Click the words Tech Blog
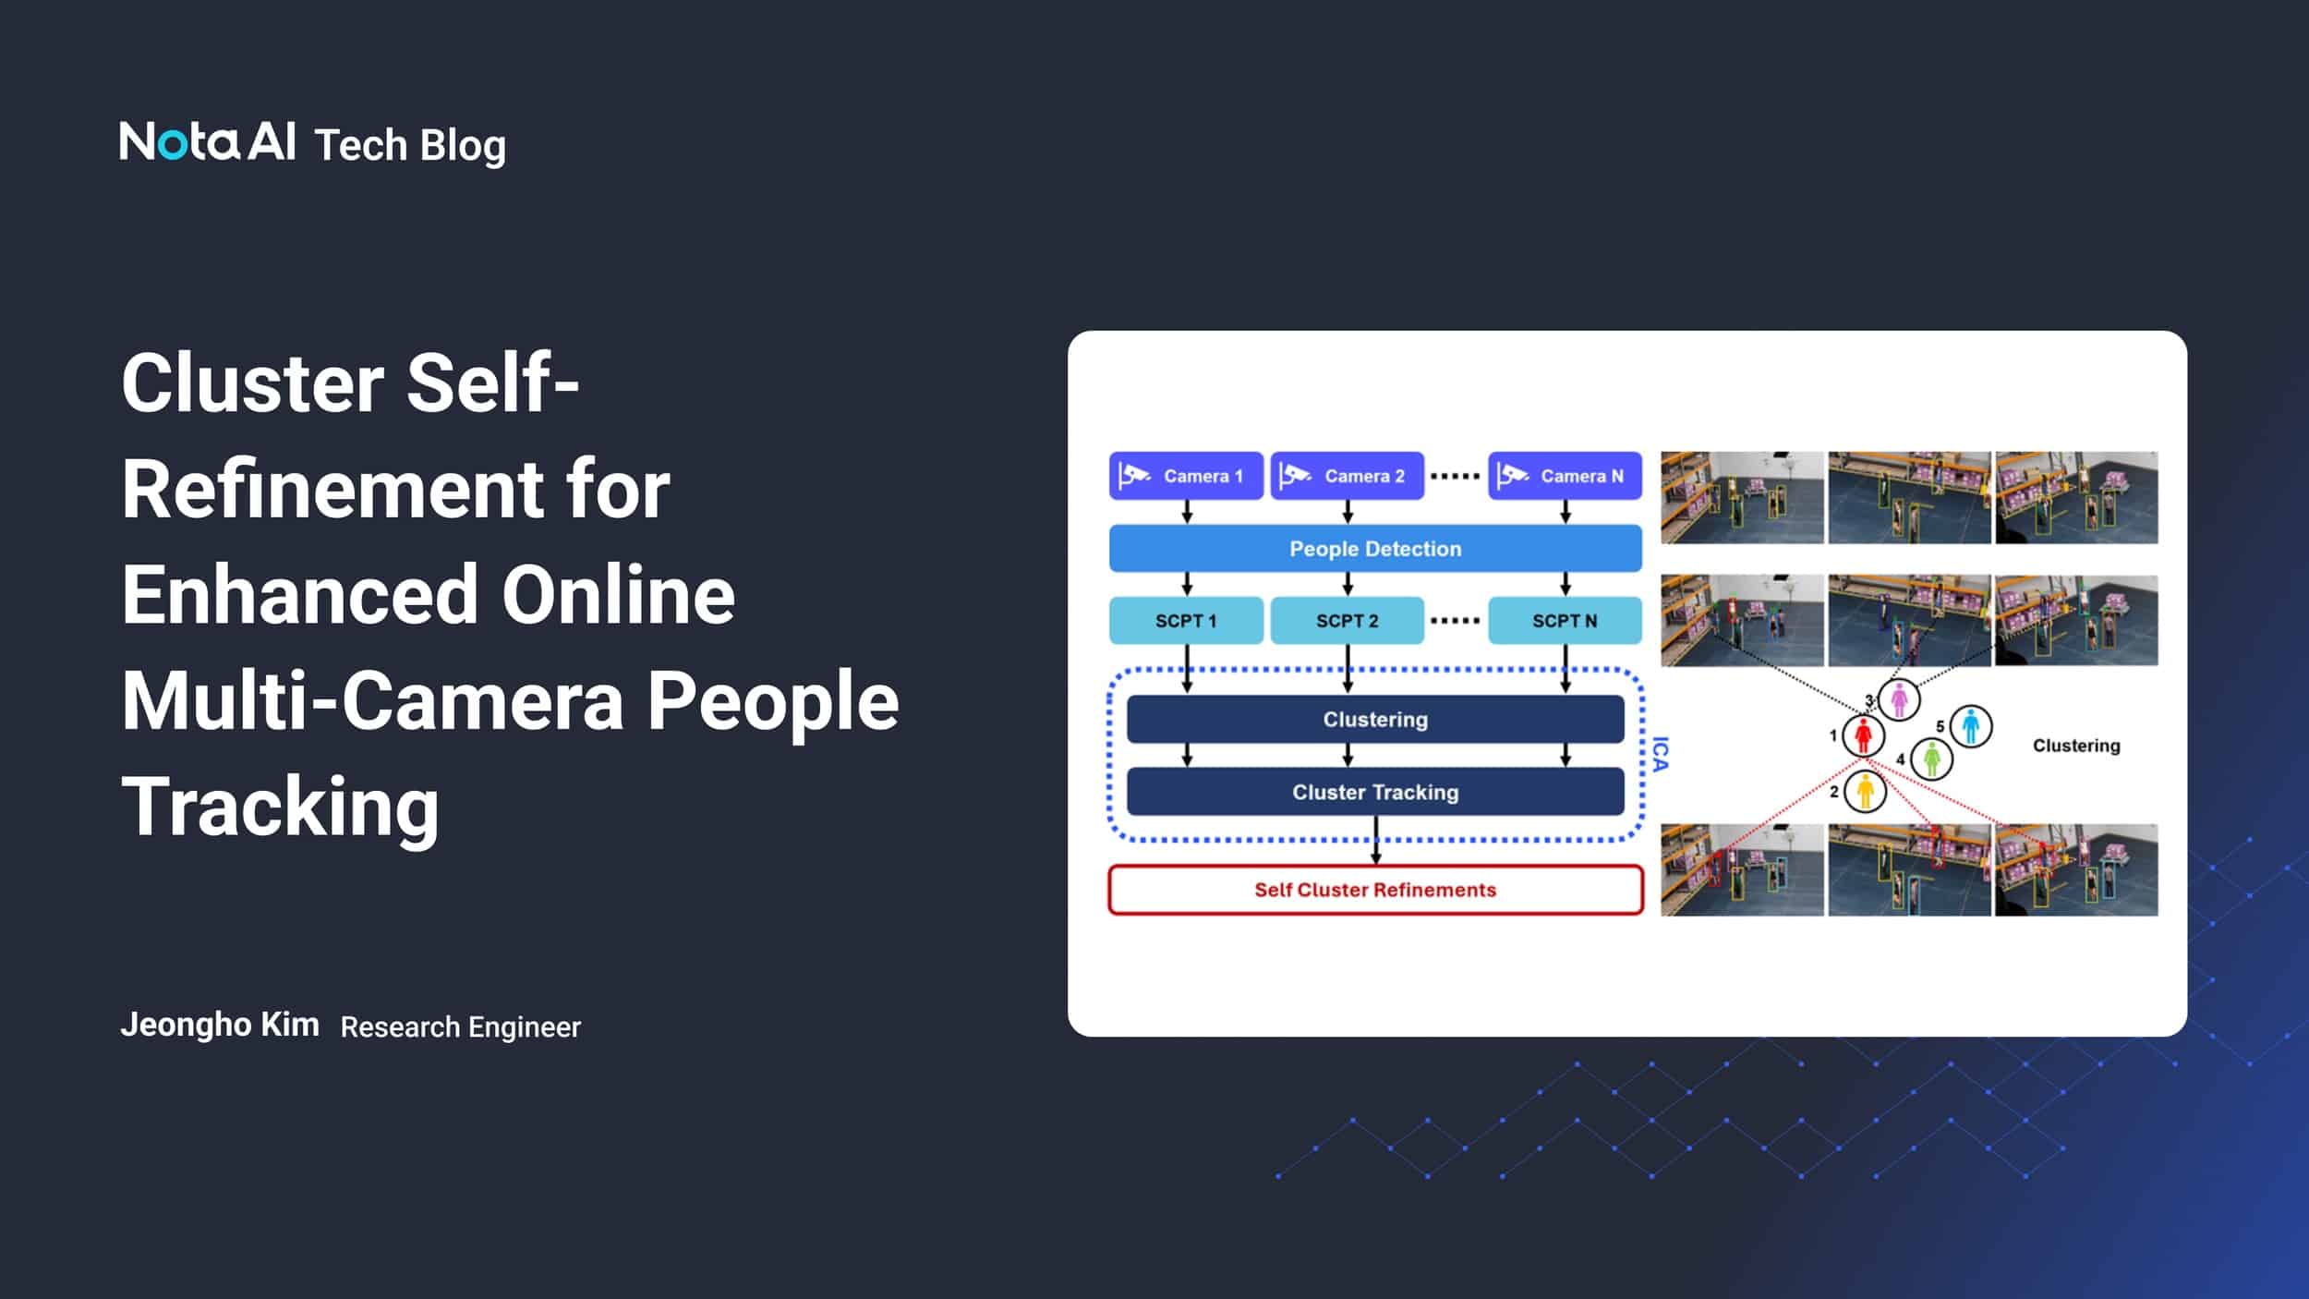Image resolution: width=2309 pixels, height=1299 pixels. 410,146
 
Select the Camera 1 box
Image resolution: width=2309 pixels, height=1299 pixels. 1186,476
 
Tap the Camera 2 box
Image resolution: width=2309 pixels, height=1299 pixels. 1347,476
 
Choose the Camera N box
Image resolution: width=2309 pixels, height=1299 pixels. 1565,476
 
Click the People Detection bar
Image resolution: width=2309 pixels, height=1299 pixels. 1375,549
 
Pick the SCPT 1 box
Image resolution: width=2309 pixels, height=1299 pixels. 1186,621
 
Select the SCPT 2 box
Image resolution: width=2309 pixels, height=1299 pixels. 1347,621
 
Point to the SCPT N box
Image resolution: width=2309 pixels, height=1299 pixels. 1565,621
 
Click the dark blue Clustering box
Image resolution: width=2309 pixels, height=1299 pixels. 1375,719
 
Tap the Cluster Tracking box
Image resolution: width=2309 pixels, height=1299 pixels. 1375,792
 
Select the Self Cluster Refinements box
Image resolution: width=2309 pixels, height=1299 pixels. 1375,890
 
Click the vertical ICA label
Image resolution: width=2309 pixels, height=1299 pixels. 1660,754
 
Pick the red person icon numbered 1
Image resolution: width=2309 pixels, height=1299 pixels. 1863,736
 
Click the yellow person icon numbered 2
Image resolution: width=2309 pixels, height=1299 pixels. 1865,792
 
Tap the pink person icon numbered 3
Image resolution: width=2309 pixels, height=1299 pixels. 1899,699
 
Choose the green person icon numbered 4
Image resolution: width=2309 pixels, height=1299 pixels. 1931,759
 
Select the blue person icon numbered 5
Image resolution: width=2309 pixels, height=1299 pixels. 1971,726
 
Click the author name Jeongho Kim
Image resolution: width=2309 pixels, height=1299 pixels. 220,1026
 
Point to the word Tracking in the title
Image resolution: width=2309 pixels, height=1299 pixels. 281,807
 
